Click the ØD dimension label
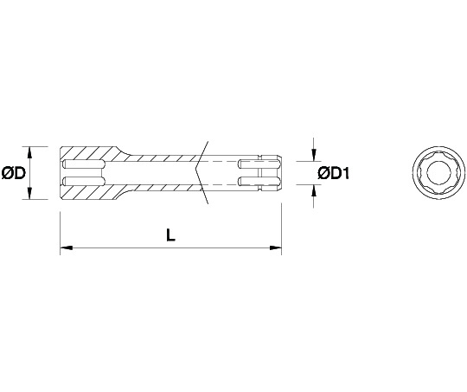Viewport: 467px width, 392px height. click(14, 173)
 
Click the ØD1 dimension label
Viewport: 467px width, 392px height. click(334, 173)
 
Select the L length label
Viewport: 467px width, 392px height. click(170, 235)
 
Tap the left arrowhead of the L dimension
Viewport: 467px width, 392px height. click(66, 247)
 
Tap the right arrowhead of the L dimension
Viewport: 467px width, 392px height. click(276, 247)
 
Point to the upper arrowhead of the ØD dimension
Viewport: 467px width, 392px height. click(29, 152)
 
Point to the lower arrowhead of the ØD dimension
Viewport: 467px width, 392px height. click(29, 193)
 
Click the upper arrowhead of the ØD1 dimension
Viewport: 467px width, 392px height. click(313, 155)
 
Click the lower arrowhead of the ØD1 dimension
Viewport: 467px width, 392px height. click(313, 190)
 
